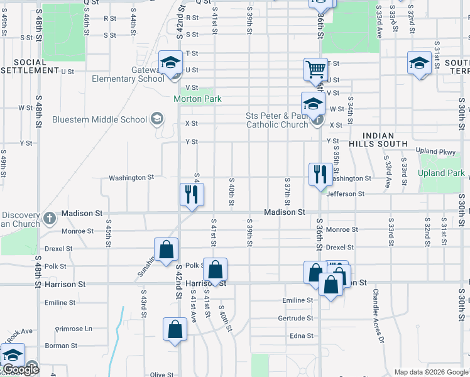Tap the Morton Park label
198,99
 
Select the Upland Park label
441,173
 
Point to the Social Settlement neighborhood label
30,67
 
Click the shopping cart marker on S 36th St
315,70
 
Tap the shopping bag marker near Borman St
175,329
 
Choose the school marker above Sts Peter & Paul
312,104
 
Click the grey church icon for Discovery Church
50,219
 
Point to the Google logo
20,370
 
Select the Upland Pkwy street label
435,151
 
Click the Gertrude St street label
295,319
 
